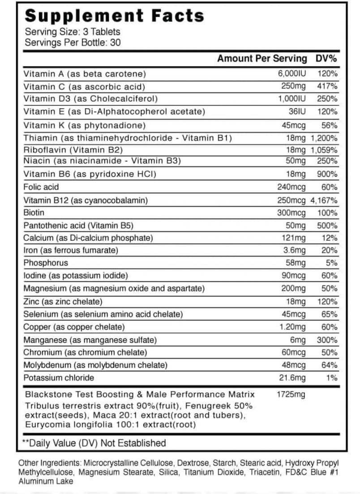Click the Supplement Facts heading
(x=114, y=16)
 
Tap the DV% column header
(x=326, y=59)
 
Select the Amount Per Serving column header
(x=262, y=59)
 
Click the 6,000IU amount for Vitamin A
(x=292, y=74)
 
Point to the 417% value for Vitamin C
(x=328, y=86)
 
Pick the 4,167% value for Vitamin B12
(x=324, y=200)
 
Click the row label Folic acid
(x=41, y=187)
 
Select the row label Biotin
(x=34, y=213)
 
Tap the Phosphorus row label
(x=46, y=263)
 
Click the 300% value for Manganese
(x=327, y=340)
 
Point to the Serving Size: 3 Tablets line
(x=73, y=32)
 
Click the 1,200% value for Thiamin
(x=324, y=138)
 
